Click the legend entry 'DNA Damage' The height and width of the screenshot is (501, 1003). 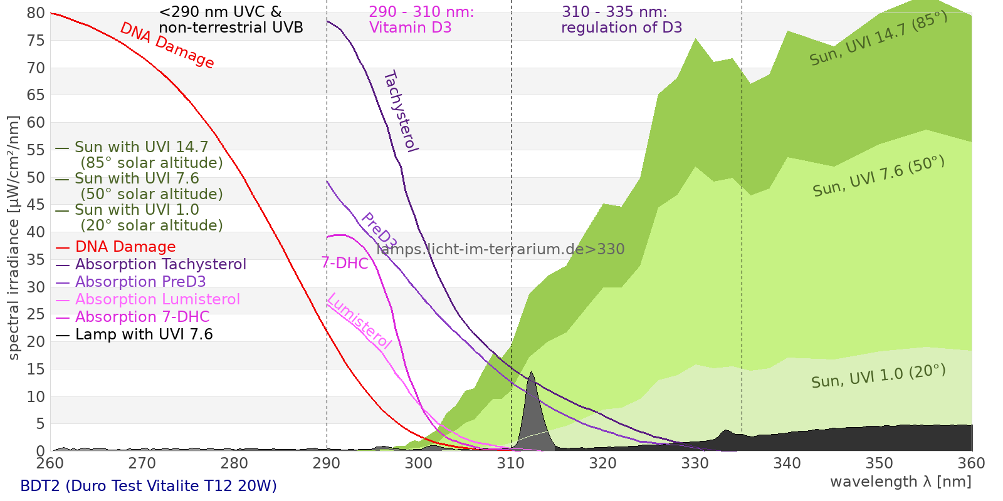[125, 247]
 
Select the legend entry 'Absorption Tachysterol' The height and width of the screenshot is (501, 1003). [160, 265]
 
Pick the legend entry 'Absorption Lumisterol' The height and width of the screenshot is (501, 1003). [157, 300]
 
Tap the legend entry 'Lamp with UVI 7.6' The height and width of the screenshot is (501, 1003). [144, 335]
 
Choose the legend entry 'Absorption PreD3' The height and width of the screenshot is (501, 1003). [140, 282]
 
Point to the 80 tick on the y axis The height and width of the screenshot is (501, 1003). [36, 13]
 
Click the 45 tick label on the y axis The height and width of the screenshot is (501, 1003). [36, 205]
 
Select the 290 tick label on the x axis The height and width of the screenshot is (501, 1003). [327, 463]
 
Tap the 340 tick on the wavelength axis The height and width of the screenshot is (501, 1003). [787, 463]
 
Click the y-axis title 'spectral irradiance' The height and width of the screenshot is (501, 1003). [14, 238]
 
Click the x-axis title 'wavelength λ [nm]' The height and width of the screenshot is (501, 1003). [900, 482]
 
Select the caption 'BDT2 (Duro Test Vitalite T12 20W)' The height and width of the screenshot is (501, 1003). [149, 486]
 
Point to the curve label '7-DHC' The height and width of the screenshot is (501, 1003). [345, 263]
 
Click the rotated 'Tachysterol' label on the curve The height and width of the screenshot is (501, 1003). [400, 111]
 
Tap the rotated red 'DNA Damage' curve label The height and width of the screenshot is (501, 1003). [167, 45]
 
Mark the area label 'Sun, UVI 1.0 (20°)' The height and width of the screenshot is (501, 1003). [878, 376]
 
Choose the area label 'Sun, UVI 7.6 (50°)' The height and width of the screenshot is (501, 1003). [878, 177]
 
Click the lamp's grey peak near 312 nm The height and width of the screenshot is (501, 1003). [532, 407]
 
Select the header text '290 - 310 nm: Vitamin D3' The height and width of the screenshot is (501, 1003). [421, 20]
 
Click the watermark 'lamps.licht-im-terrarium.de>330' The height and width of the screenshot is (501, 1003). [500, 249]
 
